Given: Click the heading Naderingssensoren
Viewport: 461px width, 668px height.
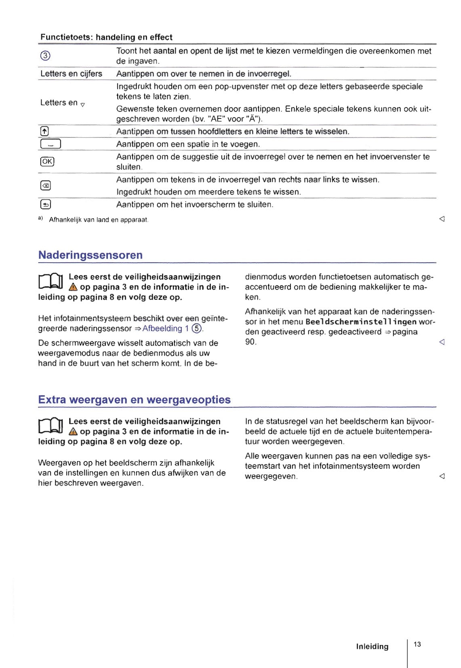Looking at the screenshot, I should click(90, 255).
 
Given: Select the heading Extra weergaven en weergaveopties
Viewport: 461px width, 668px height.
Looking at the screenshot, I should click(134, 400).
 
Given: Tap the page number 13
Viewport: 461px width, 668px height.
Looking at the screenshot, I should click(417, 644).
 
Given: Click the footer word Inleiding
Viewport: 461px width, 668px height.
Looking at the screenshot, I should click(372, 647).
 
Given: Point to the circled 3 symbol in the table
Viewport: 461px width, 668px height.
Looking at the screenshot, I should click(45, 56).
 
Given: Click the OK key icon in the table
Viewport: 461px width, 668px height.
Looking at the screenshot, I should click(47, 161).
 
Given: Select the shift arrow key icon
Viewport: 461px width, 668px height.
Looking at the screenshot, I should click(44, 131).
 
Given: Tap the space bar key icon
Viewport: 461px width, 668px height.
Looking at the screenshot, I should click(50, 144).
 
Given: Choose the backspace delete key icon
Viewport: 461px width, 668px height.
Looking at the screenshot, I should click(45, 185).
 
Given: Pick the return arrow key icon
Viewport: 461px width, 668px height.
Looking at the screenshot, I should click(45, 204).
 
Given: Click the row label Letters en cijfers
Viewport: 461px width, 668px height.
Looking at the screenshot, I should click(71, 74).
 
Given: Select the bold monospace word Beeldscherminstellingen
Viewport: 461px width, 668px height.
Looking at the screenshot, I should click(361, 322).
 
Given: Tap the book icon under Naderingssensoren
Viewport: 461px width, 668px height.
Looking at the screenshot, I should click(51, 281).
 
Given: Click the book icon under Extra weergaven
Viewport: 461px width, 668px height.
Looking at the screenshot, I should click(51, 426).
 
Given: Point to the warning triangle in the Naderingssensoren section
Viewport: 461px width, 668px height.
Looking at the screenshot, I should click(73, 287).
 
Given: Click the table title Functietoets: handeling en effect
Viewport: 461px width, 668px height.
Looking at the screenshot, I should click(106, 37).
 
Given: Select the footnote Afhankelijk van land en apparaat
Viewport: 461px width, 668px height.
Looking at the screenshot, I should click(99, 220).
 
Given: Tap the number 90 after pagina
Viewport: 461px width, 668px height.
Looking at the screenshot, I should click(250, 342).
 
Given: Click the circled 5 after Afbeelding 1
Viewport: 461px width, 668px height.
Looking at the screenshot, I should click(196, 329).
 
